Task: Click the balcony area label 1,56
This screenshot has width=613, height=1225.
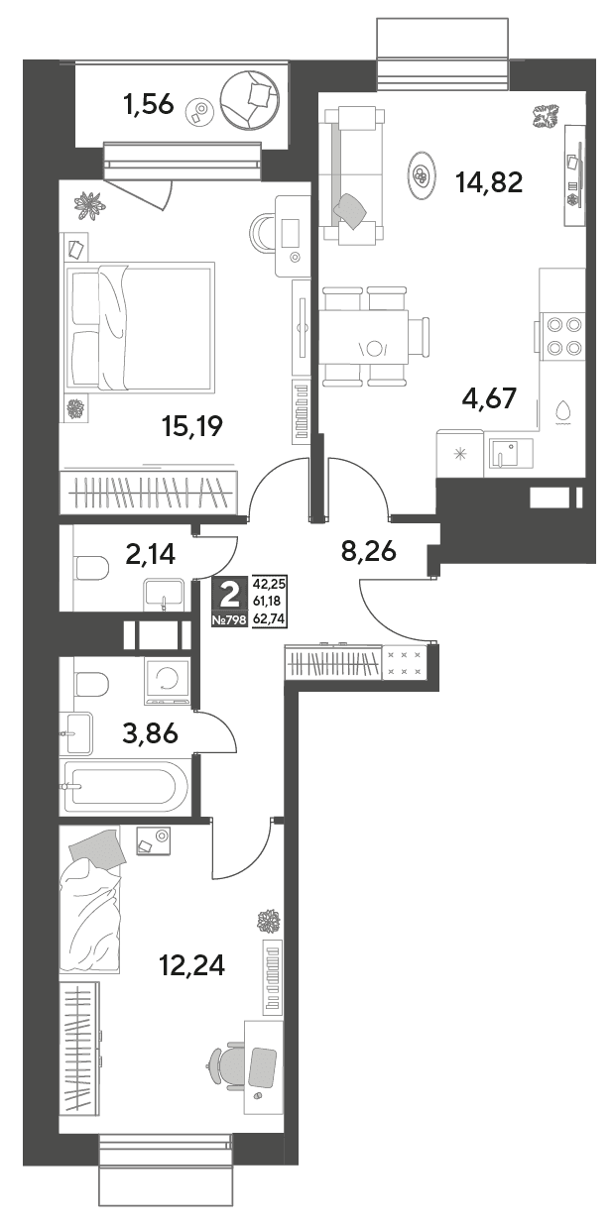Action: (x=149, y=104)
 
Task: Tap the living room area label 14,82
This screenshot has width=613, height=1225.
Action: (x=490, y=182)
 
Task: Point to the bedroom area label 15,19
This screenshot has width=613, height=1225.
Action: (x=192, y=426)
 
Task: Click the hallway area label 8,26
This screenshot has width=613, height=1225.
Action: (x=368, y=552)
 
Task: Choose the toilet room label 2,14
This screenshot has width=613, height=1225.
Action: (x=151, y=555)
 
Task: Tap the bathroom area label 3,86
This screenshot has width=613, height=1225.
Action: (x=151, y=732)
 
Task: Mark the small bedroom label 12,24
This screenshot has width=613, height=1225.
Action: (x=192, y=965)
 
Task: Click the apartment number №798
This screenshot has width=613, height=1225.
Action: (x=229, y=619)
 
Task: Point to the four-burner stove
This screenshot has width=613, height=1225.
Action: (x=562, y=336)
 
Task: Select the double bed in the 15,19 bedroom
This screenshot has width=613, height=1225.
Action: (x=139, y=327)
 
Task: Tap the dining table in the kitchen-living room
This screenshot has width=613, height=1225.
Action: (x=365, y=336)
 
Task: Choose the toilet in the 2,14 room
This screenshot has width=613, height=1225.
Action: (x=92, y=568)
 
